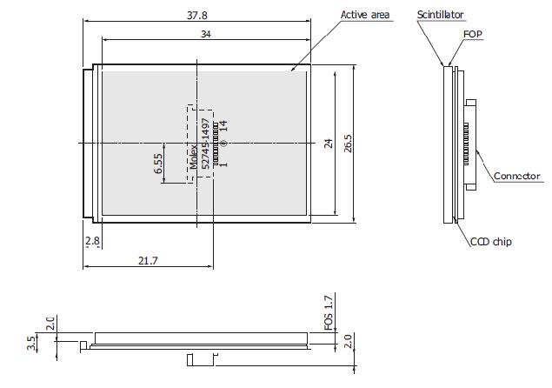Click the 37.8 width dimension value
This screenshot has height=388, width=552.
197,15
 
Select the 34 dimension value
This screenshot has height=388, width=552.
206,34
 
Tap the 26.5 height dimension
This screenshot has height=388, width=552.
348,143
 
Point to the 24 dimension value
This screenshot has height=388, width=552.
329,144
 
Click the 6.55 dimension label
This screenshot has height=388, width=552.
158,164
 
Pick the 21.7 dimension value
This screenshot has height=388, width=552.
148,261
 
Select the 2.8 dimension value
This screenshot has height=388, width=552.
93,241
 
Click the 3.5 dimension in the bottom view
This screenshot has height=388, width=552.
31,344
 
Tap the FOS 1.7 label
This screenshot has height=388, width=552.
328,313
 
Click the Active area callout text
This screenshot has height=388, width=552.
365,15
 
